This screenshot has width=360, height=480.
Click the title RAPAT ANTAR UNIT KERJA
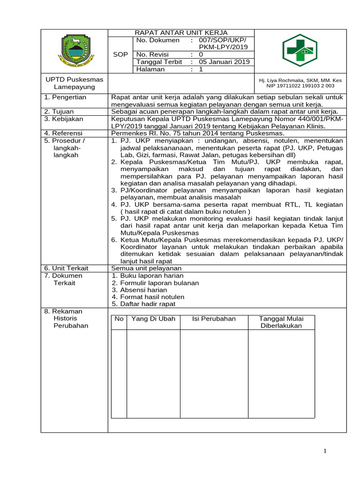point(181,33)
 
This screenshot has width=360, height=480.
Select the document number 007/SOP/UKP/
point(222,40)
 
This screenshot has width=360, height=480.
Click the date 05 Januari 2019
point(224,62)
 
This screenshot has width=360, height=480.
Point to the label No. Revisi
point(153,54)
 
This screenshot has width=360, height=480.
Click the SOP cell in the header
point(120,55)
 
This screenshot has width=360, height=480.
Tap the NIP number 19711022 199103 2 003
point(300,86)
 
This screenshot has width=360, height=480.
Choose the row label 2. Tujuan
point(60,112)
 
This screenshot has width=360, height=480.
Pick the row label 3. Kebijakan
point(63,119)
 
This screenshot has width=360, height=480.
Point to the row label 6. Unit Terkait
point(66,268)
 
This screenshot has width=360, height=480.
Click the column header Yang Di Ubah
point(153,319)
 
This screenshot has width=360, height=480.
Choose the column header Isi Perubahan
point(214,319)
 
